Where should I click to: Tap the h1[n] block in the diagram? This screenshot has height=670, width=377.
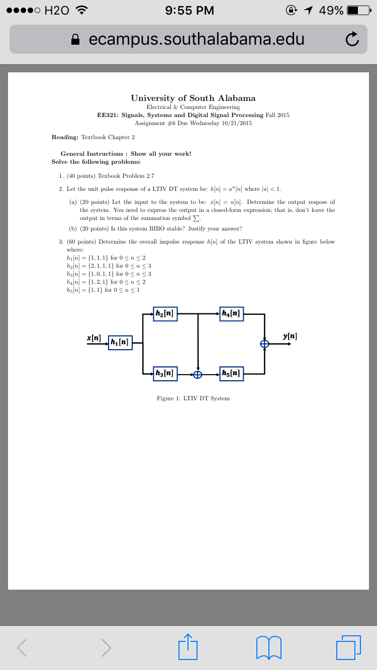[120, 343]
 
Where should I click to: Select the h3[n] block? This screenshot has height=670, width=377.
[165, 373]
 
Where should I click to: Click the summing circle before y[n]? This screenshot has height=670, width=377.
[264, 344]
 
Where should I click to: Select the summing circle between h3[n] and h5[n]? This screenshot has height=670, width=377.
[198, 374]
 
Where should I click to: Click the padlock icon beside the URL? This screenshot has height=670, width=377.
[76, 39]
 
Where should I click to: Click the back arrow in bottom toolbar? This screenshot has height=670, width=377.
[22, 647]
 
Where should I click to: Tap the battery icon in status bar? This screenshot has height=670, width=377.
[358, 11]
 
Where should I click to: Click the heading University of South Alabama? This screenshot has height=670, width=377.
[193, 98]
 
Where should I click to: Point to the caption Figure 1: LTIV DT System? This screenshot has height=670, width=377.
[193, 398]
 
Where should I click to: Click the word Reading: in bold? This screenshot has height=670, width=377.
[65, 137]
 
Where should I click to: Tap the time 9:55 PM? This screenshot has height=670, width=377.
[190, 11]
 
